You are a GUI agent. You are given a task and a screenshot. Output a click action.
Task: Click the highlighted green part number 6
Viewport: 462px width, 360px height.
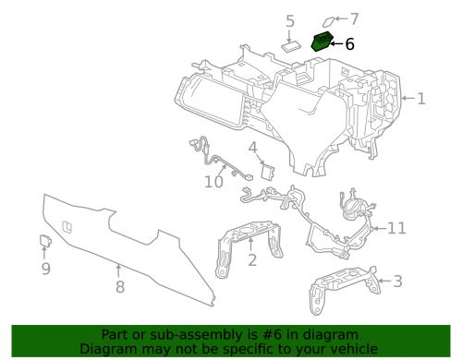pyautogui.click(x=322, y=42)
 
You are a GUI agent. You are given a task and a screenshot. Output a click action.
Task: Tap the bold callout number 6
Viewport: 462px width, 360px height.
pyautogui.click(x=349, y=44)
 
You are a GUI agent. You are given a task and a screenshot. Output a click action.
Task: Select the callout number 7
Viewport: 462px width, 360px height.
pyautogui.click(x=354, y=18)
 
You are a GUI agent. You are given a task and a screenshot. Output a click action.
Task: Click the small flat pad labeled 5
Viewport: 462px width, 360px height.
pyautogui.click(x=290, y=47)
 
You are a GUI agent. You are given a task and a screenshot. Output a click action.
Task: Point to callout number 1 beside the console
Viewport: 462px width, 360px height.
pyautogui.click(x=421, y=99)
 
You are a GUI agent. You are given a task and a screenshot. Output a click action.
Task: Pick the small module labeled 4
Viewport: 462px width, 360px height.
pyautogui.click(x=268, y=171)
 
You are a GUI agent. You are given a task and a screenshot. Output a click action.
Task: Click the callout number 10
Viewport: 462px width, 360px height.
pyautogui.click(x=213, y=182)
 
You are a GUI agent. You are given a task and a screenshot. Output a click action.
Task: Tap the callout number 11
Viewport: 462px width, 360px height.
pyautogui.click(x=396, y=228)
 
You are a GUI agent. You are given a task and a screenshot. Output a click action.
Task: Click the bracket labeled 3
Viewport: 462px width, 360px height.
pyautogui.click(x=344, y=287)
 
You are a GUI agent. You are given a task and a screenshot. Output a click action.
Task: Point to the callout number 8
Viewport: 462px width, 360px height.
pyautogui.click(x=120, y=287)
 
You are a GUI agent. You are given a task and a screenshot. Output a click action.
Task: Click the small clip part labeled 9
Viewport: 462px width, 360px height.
pyautogui.click(x=45, y=241)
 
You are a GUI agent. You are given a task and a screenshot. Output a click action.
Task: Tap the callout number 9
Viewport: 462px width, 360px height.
pyautogui.click(x=46, y=269)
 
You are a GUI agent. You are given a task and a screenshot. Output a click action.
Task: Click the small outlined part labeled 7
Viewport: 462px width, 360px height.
pyautogui.click(x=328, y=22)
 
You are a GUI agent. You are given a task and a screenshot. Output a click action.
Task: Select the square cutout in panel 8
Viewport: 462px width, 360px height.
pyautogui.click(x=67, y=226)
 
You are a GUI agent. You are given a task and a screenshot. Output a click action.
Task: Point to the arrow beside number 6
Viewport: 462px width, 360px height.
pyautogui.click(x=336, y=44)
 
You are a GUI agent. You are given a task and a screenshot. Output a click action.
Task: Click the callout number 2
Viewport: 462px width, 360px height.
pyautogui.click(x=252, y=260)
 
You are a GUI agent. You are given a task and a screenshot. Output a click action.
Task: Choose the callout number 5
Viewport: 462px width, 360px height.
pyautogui.click(x=290, y=21)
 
